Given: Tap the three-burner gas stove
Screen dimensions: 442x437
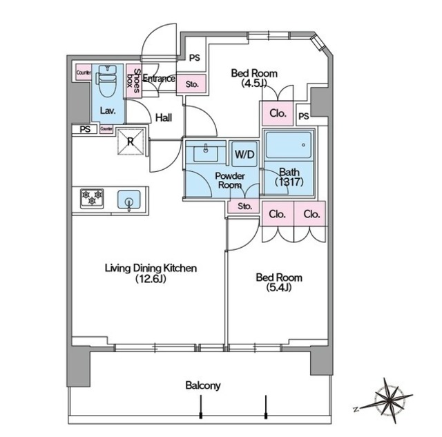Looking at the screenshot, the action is point(92,198).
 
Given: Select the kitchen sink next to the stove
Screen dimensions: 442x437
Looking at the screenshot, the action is point(129,200).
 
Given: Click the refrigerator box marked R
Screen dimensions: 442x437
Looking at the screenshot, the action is point(131,142).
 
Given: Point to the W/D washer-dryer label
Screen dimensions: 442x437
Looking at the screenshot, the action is point(244,154).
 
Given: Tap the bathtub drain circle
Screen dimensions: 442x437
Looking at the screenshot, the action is point(303,145).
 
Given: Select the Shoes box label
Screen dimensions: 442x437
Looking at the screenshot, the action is point(133,81).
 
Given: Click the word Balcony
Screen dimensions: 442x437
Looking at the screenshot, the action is point(203,385).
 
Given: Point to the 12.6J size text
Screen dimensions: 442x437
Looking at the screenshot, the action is point(151,279).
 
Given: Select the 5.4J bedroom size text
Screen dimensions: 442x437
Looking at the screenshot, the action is point(279,288).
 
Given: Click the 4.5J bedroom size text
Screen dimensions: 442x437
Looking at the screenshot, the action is point(254,84).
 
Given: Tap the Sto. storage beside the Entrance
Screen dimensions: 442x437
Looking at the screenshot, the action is point(192,84).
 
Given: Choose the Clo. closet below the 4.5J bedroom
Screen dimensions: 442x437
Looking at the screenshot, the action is point(278,113).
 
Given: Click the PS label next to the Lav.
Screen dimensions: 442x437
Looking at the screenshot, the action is point(85,129).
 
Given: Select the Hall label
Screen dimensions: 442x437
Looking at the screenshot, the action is point(164,117).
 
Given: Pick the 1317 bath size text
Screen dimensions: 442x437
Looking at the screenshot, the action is point(289,182).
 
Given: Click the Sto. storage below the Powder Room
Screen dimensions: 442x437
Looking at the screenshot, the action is point(244,206).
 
